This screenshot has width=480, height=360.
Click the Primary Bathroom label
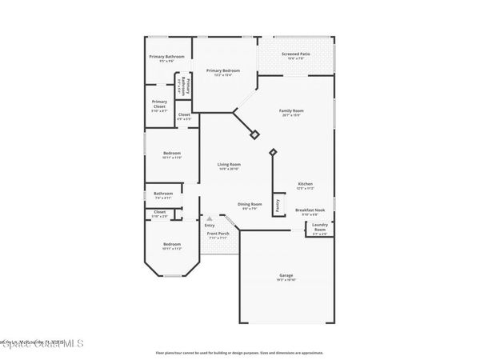[x=166, y=57]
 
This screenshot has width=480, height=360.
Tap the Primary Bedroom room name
[x=224, y=70]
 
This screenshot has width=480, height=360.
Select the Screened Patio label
[x=295, y=54]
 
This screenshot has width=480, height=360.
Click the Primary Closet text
[x=160, y=102]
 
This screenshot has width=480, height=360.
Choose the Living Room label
[x=229, y=165]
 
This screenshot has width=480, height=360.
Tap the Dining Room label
[x=250, y=204]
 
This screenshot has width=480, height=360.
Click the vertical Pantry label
[x=278, y=205]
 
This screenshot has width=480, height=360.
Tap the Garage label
[x=286, y=274]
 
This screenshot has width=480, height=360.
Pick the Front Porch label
[x=218, y=233]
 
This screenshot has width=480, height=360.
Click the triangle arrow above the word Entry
[x=210, y=217]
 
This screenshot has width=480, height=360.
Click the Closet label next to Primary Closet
[x=184, y=114]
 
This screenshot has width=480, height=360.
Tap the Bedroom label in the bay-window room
[x=172, y=244]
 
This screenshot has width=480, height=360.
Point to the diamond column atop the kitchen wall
[x=273, y=152]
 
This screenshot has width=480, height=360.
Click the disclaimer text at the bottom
[x=239, y=352]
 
